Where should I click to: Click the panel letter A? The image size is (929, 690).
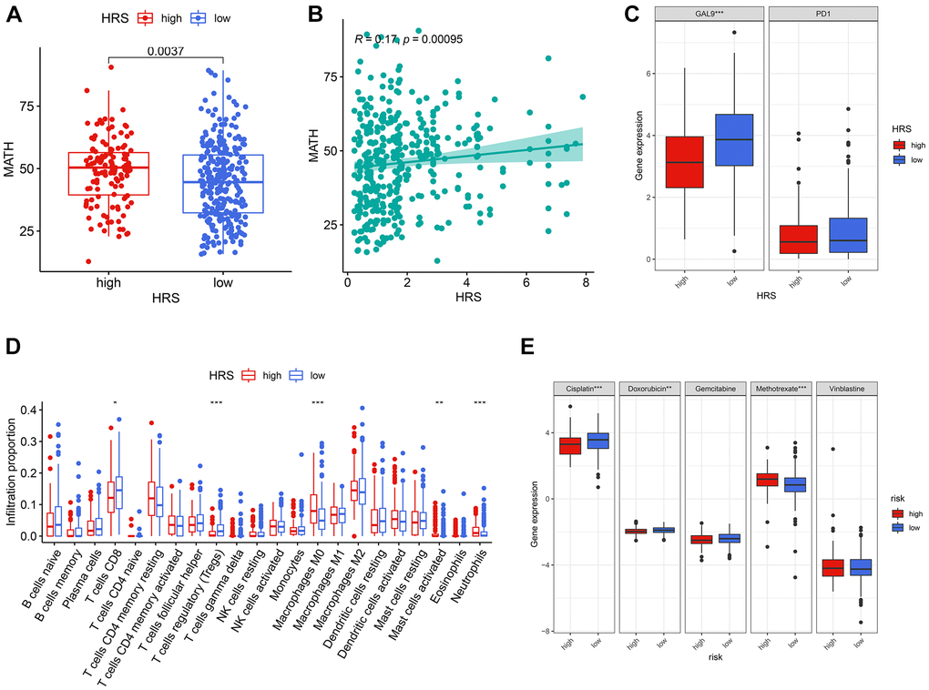pos(14,16)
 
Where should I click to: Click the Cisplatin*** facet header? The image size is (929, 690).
pos(583,389)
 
